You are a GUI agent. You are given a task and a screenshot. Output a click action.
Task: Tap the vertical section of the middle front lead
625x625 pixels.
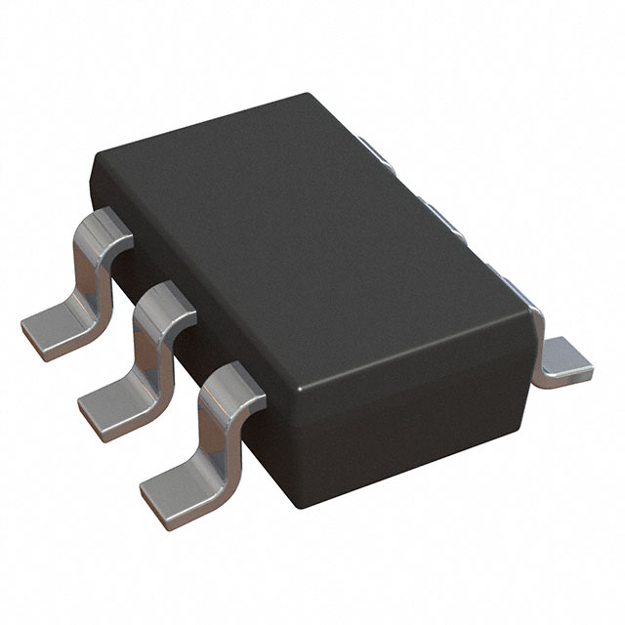(146, 347)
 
